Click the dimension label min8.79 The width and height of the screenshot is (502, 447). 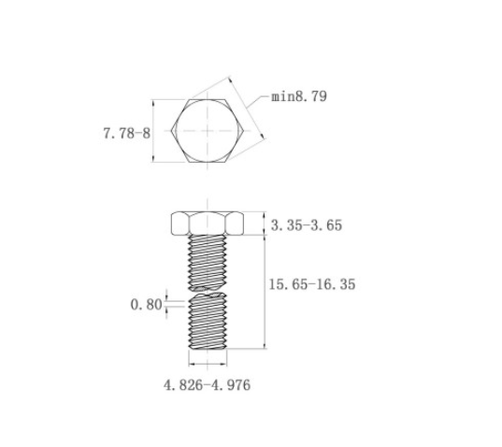click(x=299, y=96)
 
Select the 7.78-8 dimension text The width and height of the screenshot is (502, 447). click(x=126, y=133)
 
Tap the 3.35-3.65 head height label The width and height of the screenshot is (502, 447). click(x=307, y=225)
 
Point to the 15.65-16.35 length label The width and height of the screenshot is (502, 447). click(x=312, y=284)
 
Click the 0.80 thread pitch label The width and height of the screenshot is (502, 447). click(x=147, y=305)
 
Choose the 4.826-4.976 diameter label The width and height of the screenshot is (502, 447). click(x=207, y=385)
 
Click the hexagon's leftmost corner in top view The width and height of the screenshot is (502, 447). click(x=171, y=131)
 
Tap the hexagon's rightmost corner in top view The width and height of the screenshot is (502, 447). click(x=244, y=131)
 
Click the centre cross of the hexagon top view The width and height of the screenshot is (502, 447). click(x=208, y=131)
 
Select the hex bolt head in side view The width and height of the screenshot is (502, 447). click(x=208, y=223)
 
